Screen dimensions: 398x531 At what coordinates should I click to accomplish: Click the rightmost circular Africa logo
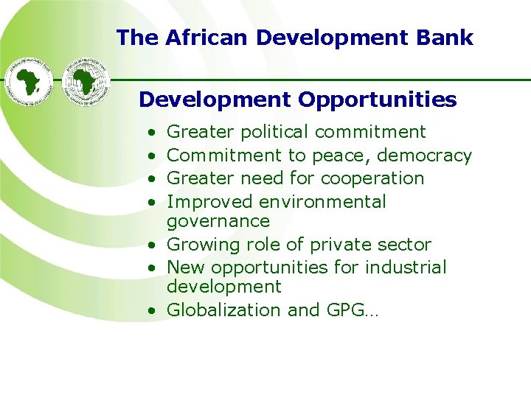[86, 79]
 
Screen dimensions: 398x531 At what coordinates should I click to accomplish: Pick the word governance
[218, 221]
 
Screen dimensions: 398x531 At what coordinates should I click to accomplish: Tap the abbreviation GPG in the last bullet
[344, 310]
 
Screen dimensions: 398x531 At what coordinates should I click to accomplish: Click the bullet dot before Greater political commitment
[150, 133]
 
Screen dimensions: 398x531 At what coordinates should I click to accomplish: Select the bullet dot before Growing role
[150, 245]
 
